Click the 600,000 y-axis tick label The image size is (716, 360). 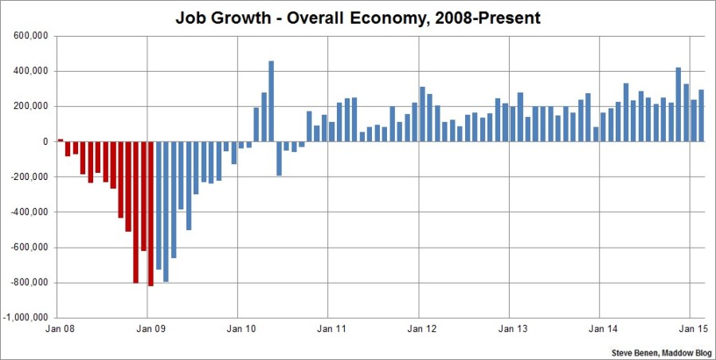pyautogui.click(x=30, y=36)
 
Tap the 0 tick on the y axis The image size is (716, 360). pyautogui.click(x=46, y=142)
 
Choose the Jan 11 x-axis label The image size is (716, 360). pyautogui.click(x=329, y=327)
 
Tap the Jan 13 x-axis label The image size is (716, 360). pyautogui.click(x=510, y=327)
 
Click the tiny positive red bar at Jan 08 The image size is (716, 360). pyautogui.click(x=60, y=140)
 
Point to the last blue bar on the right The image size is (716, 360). pyautogui.click(x=702, y=115)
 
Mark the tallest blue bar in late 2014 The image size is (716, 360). pyautogui.click(x=678, y=104)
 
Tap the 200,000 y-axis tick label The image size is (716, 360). pyautogui.click(x=30, y=106)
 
